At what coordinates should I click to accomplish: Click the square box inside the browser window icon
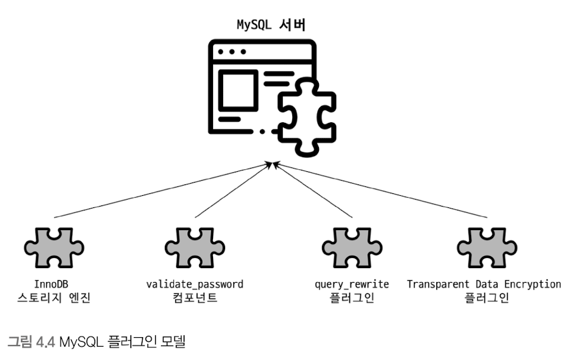coord(238,90)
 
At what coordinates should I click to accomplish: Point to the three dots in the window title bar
coord(231,51)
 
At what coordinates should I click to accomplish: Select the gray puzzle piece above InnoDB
coord(54,246)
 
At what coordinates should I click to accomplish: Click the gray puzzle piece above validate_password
coord(194,246)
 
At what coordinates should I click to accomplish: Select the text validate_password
coord(195,284)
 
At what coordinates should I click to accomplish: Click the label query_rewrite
coord(352,284)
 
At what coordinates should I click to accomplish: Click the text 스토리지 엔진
coord(54,298)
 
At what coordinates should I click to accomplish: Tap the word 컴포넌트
coord(195,298)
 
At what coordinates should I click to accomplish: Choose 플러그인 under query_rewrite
coord(352,298)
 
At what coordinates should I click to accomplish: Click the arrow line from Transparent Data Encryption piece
coord(380,191)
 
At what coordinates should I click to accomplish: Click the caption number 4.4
coord(46,342)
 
